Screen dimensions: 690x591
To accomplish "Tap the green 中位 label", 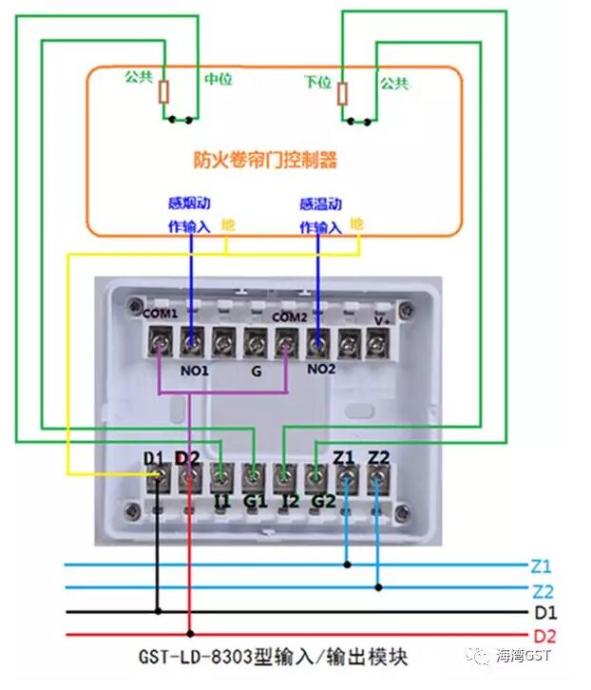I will pyautogui.click(x=219, y=79).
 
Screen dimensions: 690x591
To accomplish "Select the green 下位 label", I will pyautogui.click(x=317, y=83).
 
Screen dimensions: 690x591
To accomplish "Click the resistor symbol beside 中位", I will pyautogui.click(x=164, y=92).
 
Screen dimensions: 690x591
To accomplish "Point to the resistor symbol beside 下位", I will pyautogui.click(x=342, y=93).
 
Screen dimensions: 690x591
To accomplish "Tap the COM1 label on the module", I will pyautogui.click(x=160, y=314).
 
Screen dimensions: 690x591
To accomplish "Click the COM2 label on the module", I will pyautogui.click(x=290, y=316).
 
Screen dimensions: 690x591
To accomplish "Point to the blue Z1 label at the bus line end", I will pyautogui.click(x=542, y=565).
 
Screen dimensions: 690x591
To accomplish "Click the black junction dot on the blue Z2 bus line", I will pyautogui.click(x=378, y=587).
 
